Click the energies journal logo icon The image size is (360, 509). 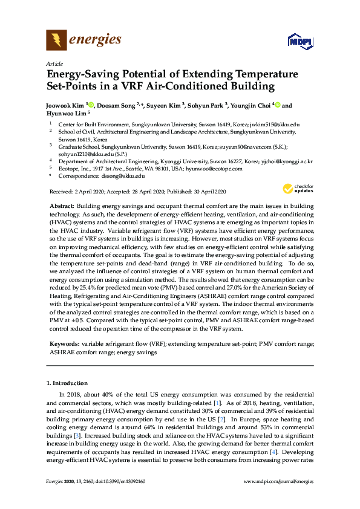pyautogui.click(x=56, y=41)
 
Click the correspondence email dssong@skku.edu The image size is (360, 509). pyautogui.click(x=123, y=175)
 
